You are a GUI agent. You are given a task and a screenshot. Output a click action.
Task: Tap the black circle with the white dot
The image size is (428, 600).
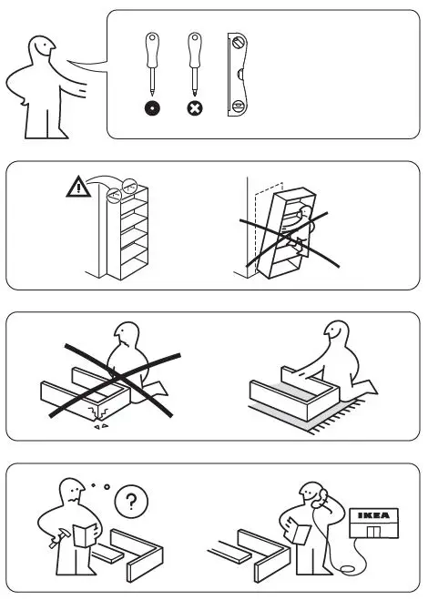(151, 108)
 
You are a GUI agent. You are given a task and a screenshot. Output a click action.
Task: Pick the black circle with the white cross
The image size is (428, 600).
(194, 108)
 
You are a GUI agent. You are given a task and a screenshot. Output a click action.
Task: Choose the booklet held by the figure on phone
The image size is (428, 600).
(296, 531)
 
